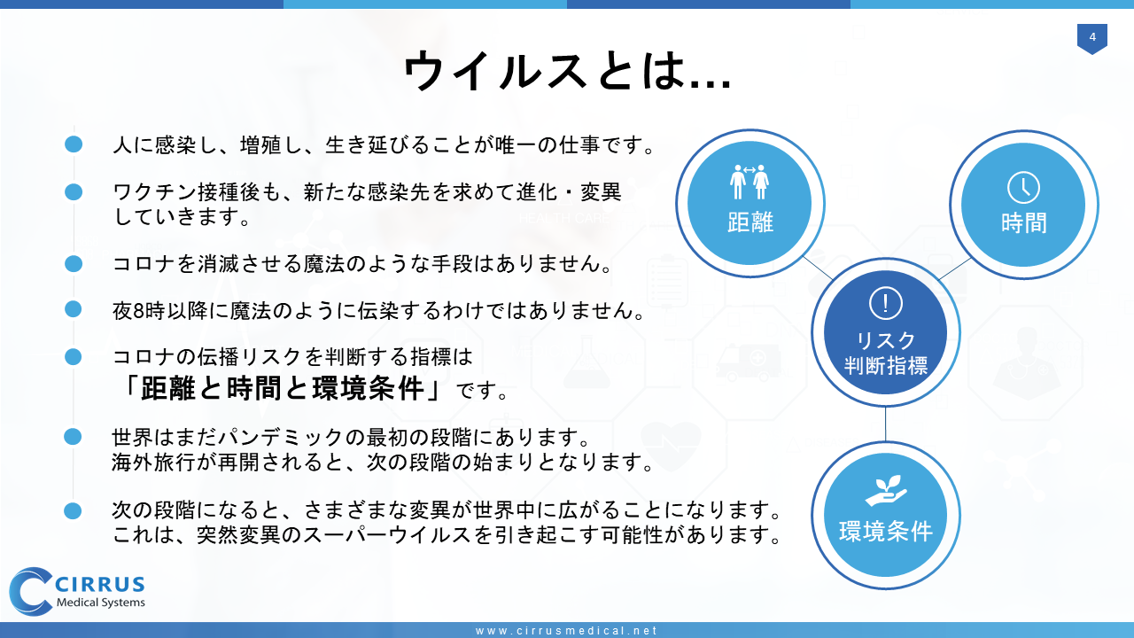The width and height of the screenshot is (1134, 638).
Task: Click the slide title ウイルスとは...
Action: (x=567, y=71)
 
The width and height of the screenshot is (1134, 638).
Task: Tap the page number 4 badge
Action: (x=1092, y=38)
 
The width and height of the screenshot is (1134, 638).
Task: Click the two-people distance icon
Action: (x=750, y=182)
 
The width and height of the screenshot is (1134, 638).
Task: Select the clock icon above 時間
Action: (x=1023, y=187)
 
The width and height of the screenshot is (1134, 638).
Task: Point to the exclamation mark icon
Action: (x=885, y=303)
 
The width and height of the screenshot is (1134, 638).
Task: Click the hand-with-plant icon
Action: (x=885, y=490)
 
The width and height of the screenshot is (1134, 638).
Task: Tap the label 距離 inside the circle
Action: (x=750, y=222)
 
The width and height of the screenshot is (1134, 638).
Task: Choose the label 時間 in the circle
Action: (x=1023, y=222)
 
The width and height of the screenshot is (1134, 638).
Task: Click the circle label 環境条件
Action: (x=885, y=531)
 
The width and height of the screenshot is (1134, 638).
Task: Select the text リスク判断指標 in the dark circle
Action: (x=885, y=353)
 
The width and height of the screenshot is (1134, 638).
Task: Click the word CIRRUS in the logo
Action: (x=100, y=584)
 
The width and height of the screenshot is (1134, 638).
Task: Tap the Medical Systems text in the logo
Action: (x=101, y=603)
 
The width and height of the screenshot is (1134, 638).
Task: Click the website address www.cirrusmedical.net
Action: (x=566, y=630)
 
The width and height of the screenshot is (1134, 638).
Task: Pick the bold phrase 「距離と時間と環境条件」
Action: (x=283, y=389)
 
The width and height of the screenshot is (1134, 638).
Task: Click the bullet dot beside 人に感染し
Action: (x=74, y=144)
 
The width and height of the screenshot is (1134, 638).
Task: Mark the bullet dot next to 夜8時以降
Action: (x=74, y=309)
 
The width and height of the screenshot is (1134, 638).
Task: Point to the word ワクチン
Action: (x=154, y=192)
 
